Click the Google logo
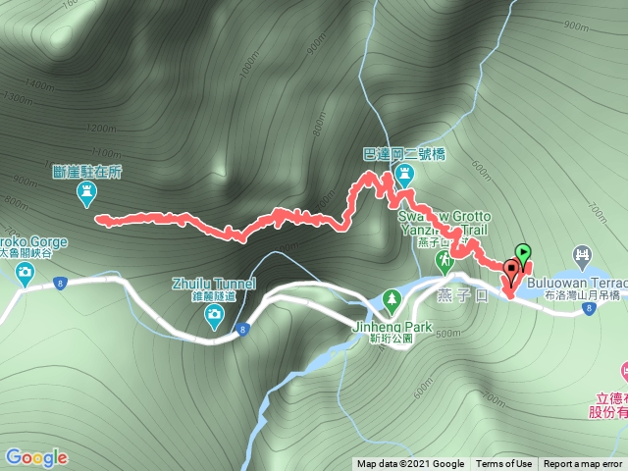(x=35, y=457)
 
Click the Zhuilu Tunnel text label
(x=213, y=284)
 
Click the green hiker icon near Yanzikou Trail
(x=444, y=260)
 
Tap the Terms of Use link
(x=503, y=464)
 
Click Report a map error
(x=583, y=464)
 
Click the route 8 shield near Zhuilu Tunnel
(x=240, y=337)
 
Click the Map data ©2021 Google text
(x=410, y=464)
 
